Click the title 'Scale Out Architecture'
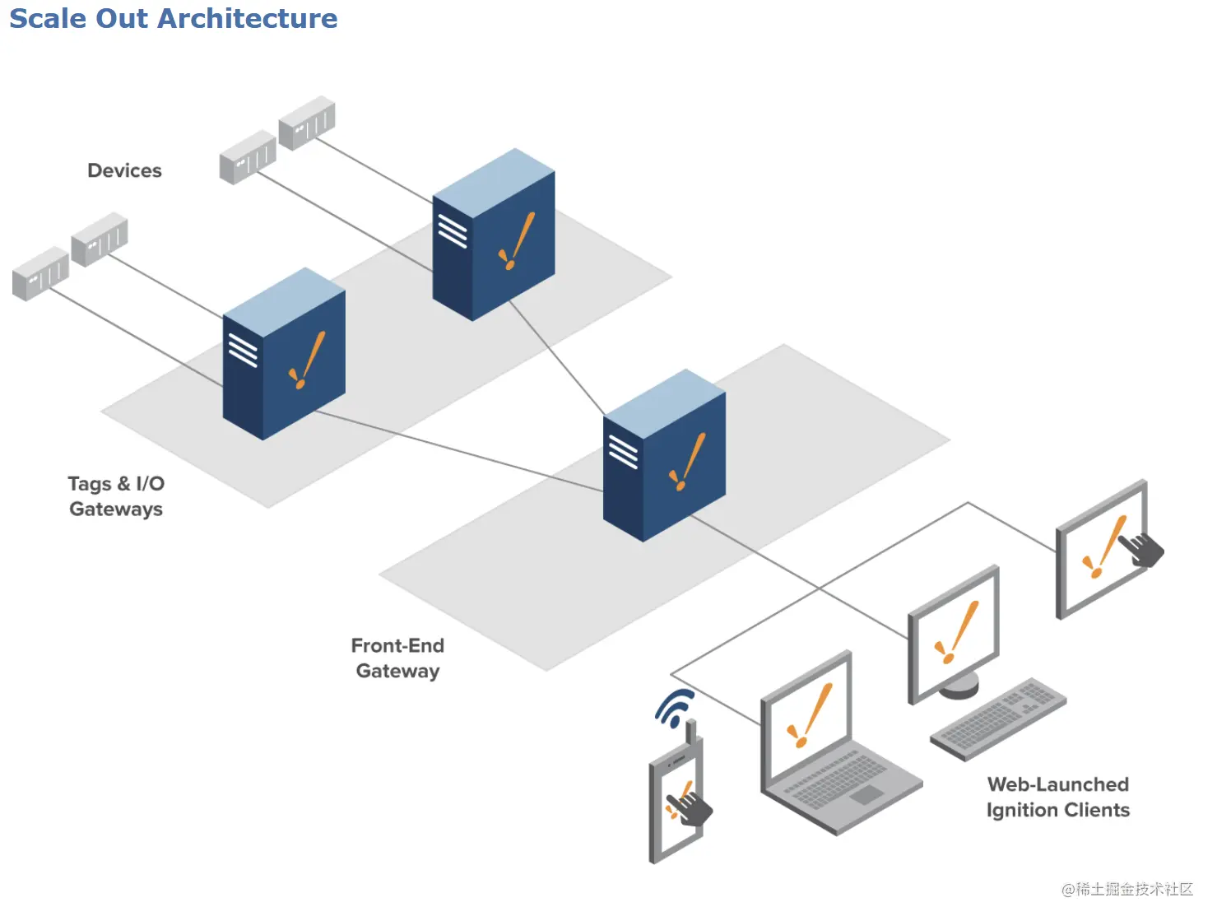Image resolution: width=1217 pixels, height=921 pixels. coord(173,18)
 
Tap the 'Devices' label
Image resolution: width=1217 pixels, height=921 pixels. coord(124,170)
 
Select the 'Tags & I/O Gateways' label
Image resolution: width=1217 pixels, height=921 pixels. coord(116,496)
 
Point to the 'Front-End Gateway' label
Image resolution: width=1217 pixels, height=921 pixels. coord(398,658)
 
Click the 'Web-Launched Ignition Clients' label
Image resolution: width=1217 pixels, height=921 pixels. coord(1058,797)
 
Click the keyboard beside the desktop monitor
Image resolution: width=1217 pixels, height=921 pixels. coord(998,719)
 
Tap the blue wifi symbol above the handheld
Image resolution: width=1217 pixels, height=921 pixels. coord(676,708)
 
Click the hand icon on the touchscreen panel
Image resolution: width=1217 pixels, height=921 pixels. coord(1141,549)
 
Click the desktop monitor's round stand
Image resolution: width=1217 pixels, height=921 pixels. coord(959,685)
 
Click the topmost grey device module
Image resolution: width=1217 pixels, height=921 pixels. coord(307,123)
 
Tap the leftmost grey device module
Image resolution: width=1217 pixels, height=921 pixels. coord(40,273)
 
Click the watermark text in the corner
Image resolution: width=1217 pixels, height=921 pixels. coord(1126,889)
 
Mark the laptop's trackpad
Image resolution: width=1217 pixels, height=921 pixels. coord(866,795)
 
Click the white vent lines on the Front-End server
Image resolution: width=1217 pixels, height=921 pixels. coord(623,451)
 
